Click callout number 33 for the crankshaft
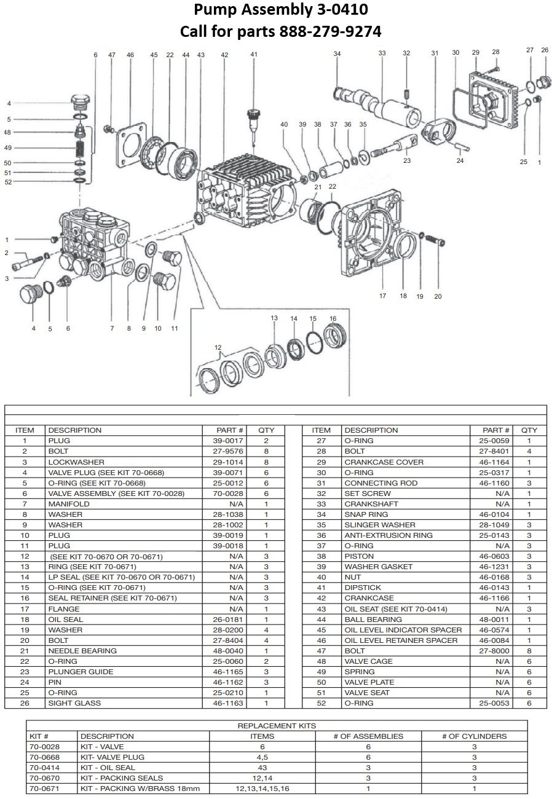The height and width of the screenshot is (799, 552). point(382,53)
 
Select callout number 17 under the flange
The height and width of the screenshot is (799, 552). point(382,296)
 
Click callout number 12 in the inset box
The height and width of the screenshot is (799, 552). point(218,348)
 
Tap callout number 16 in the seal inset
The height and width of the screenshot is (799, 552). point(333,318)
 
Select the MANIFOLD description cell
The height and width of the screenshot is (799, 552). point(69,504)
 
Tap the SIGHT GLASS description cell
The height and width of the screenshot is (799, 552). point(75,703)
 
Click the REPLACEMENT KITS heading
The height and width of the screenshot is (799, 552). point(276,726)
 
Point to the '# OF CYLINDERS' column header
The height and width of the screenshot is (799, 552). point(474,736)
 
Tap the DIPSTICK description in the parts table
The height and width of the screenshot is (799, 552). point(362,588)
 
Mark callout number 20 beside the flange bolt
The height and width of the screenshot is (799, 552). point(438,296)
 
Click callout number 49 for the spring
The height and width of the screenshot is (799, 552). point(8,148)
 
